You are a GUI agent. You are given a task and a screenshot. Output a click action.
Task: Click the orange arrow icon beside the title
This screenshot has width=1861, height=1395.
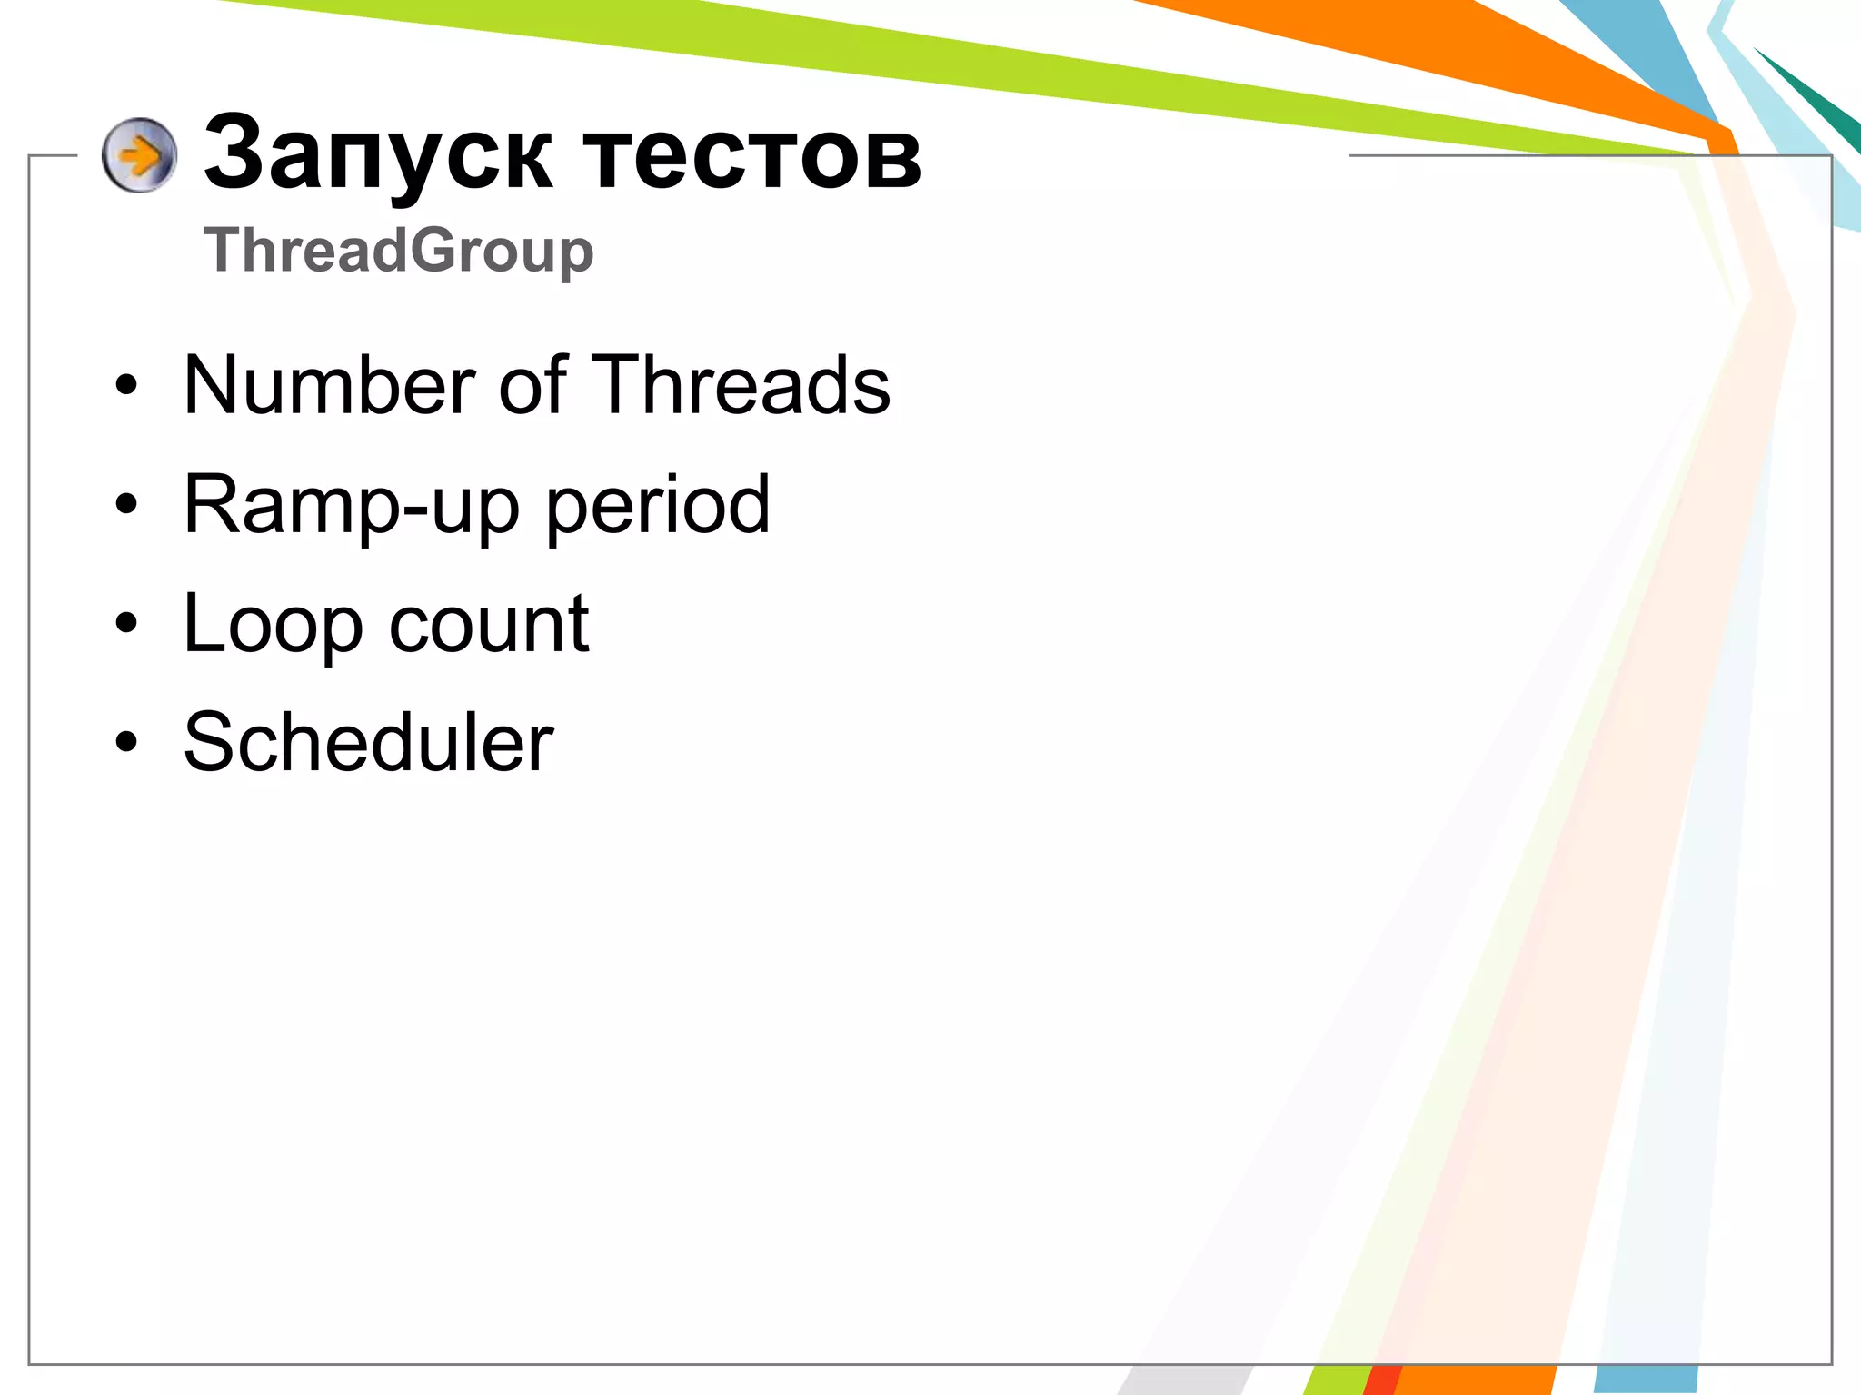(x=139, y=155)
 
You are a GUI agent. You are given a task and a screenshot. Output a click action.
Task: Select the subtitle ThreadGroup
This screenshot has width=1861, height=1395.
(x=398, y=250)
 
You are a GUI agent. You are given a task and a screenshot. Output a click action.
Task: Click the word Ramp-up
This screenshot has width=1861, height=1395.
(x=351, y=506)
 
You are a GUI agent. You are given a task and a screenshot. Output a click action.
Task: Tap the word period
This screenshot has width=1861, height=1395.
(x=658, y=506)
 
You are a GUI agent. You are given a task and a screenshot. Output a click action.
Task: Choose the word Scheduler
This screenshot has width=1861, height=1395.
(x=368, y=743)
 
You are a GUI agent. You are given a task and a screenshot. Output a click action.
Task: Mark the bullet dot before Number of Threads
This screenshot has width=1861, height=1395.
(x=126, y=385)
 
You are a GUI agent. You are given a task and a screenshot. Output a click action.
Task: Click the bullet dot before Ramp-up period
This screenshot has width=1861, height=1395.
(x=126, y=504)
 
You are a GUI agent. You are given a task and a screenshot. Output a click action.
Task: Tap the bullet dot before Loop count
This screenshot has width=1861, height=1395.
(x=126, y=623)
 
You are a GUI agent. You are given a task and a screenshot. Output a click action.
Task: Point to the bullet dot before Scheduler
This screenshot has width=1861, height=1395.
(x=126, y=742)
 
